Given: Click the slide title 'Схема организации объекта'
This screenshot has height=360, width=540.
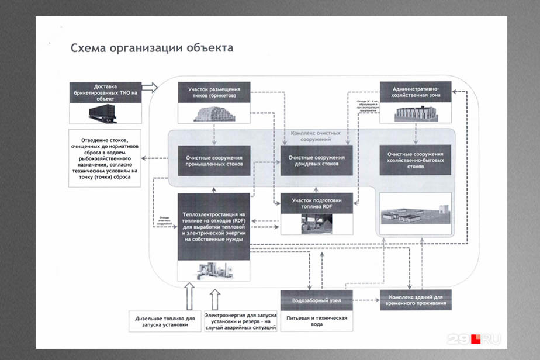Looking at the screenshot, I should tap(151, 48).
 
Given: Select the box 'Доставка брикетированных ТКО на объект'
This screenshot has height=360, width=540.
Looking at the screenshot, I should tap(105, 92).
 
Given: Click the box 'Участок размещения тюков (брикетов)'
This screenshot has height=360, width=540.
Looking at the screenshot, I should tap(214, 92).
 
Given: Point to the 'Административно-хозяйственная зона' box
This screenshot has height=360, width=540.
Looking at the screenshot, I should tap(416, 92).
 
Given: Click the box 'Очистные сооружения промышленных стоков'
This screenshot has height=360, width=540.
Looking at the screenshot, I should tap(214, 160).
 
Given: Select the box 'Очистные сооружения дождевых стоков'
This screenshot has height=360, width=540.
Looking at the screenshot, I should tap(316, 160).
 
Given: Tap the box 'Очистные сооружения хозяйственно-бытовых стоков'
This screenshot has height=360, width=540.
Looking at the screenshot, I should tap(416, 160).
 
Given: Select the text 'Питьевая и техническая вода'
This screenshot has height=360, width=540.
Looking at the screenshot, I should tap(316, 321).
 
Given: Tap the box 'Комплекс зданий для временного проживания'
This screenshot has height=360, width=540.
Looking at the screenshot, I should tap(416, 300).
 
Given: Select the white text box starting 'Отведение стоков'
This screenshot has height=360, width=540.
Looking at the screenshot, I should tap(105, 158).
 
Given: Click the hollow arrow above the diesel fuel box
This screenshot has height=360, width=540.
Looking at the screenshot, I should tap(188, 296).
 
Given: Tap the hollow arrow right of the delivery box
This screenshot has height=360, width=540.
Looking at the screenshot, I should tap(150, 87).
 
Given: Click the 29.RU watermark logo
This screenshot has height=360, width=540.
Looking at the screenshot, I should tap(474, 338).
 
